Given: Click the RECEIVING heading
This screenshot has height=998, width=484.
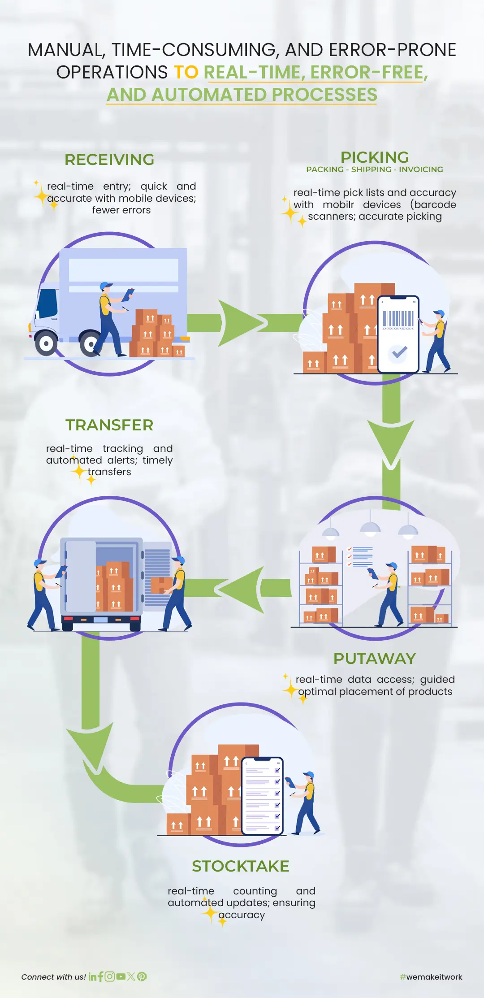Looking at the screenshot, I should click(109, 160).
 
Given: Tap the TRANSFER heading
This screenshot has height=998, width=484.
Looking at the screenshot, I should click(109, 425).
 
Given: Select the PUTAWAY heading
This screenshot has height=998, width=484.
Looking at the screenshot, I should click(375, 659).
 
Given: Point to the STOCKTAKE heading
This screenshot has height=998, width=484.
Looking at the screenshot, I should click(241, 866).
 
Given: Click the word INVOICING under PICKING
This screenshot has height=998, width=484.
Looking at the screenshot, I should click(421, 169).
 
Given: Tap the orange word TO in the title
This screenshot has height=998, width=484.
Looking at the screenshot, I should click(186, 72).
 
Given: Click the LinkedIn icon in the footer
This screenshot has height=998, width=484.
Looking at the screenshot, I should click(92, 976).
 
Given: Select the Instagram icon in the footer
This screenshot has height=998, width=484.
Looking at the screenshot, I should click(110, 976).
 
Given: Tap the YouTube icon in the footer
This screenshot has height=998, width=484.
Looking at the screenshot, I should click(121, 976).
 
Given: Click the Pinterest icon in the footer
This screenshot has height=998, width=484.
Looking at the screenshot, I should click(142, 976).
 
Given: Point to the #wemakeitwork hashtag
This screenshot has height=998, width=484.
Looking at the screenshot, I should click(431, 977).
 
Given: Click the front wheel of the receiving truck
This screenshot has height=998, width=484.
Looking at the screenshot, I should click(46, 344).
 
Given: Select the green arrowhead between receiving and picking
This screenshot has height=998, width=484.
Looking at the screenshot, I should click(240, 323).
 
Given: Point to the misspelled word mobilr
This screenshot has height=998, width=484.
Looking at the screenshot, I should click(338, 204).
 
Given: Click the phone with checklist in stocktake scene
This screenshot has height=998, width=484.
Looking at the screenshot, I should click(263, 796).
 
